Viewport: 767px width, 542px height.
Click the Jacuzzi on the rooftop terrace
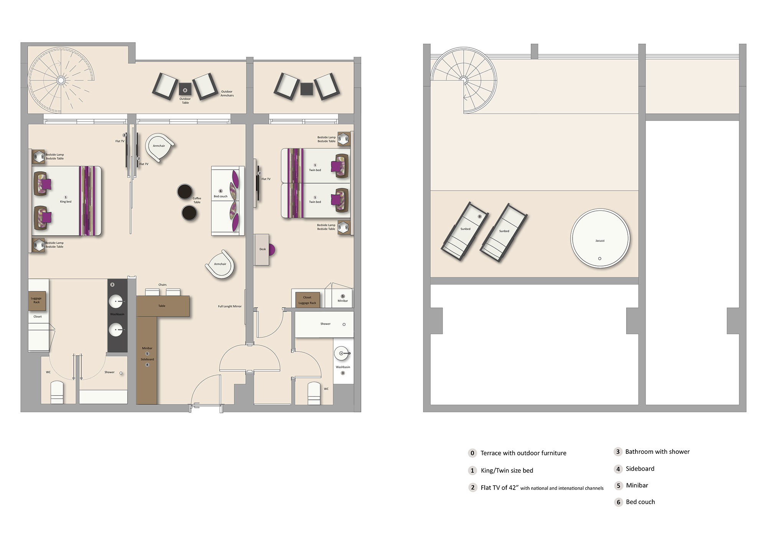click(x=600, y=238)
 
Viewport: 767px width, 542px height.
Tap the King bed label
click(x=66, y=202)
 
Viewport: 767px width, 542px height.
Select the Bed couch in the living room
click(x=227, y=200)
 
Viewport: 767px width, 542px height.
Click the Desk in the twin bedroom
click(x=262, y=250)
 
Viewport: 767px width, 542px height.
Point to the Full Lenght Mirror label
click(x=230, y=306)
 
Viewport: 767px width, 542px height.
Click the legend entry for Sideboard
click(x=640, y=469)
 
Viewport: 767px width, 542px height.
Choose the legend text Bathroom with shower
click(x=657, y=452)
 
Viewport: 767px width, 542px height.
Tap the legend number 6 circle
click(x=618, y=502)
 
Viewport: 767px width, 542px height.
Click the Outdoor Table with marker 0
click(x=185, y=90)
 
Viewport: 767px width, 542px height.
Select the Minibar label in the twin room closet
click(x=342, y=301)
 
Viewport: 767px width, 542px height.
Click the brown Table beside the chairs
click(x=163, y=306)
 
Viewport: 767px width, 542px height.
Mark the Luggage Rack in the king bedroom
click(x=36, y=300)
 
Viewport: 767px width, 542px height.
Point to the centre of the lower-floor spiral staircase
click(x=61, y=80)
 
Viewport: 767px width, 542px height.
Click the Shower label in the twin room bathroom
click(x=325, y=324)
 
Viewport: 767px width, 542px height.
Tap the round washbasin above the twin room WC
click(x=341, y=353)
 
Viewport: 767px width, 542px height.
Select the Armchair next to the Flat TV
click(x=159, y=147)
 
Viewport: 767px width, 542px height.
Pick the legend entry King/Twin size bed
click(x=507, y=471)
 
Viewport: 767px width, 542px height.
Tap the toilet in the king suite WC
click(x=57, y=393)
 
